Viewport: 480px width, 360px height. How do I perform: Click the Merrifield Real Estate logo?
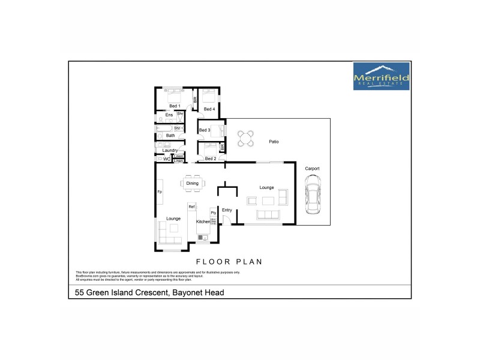tap(381, 76)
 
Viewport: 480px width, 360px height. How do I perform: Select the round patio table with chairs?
tap(244, 139)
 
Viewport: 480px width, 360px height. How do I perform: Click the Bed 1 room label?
tap(175, 106)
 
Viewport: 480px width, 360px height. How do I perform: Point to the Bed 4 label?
tap(209, 109)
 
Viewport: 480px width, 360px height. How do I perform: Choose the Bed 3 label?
tap(204, 130)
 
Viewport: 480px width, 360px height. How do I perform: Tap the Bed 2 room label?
tap(210, 158)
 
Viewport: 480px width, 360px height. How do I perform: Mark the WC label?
tap(167, 160)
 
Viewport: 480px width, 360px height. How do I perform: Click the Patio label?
tap(274, 142)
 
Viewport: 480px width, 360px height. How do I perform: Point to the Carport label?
tap(312, 169)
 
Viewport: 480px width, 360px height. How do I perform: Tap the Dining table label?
tap(192, 183)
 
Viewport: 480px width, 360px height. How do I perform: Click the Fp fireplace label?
tap(160, 191)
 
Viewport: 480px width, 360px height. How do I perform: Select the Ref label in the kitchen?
tap(191, 207)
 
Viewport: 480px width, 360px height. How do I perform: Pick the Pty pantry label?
tap(213, 213)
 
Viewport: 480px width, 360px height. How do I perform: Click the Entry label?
tap(227, 210)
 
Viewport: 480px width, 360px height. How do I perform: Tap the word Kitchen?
tap(203, 221)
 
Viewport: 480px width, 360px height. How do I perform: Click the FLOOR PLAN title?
tap(230, 262)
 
